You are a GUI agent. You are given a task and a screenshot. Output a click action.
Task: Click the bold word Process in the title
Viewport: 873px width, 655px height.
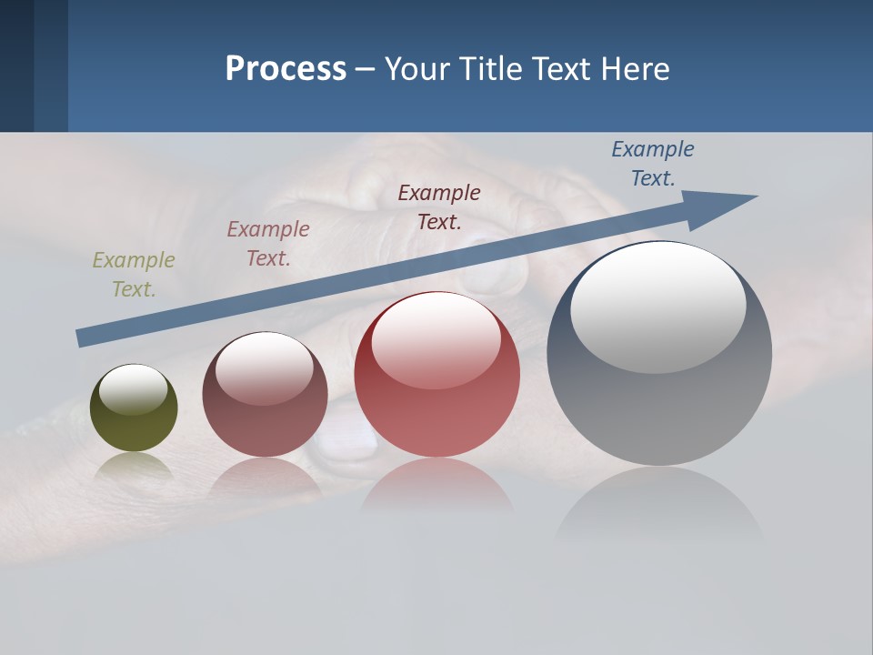tap(286, 69)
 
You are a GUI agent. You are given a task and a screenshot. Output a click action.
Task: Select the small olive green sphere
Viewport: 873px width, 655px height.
tap(134, 408)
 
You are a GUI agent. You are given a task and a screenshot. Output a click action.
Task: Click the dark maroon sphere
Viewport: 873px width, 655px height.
tap(265, 395)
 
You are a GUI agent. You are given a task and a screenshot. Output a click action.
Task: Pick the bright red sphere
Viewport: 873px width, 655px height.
tap(437, 375)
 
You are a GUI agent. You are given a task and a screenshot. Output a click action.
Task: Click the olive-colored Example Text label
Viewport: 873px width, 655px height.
tap(133, 274)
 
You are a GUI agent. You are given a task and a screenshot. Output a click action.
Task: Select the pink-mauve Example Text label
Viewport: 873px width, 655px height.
tap(268, 243)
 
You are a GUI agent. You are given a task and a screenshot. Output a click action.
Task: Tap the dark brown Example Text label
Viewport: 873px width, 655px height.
tap(439, 207)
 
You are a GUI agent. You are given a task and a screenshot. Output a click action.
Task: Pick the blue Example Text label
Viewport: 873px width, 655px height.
tap(652, 163)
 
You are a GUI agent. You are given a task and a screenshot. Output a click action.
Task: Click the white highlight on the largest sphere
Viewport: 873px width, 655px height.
tap(657, 307)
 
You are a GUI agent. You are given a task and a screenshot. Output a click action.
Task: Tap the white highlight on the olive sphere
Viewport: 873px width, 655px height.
tap(134, 389)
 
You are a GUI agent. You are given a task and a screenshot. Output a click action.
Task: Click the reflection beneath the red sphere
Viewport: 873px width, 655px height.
tap(437, 487)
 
